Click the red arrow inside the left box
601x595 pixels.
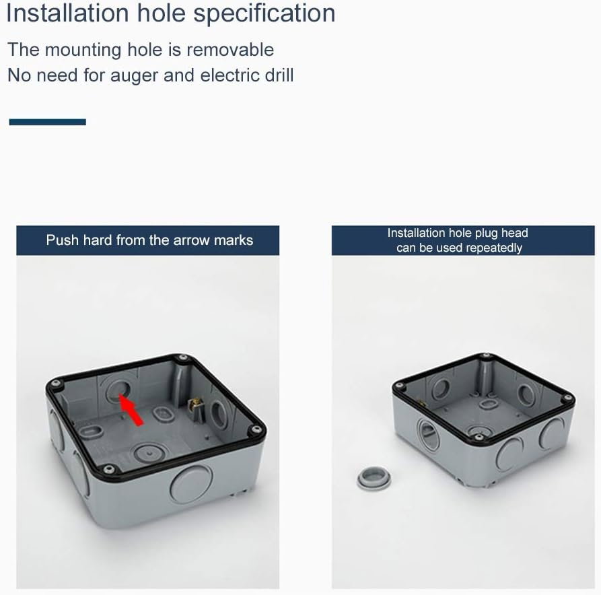pyautogui.click(x=131, y=409)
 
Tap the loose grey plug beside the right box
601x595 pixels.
pyautogui.click(x=374, y=477)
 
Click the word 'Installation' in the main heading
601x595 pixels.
pyautogui.click(x=67, y=13)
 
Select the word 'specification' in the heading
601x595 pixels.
pyautogui.click(x=264, y=14)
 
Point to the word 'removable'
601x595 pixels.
pyautogui.click(x=230, y=50)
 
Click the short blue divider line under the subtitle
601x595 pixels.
pyautogui.click(x=48, y=122)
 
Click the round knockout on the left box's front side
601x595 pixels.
pyautogui.click(x=191, y=484)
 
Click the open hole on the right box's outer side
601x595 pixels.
pyautogui.click(x=429, y=433)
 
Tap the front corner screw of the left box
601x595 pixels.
pyautogui.click(x=109, y=469)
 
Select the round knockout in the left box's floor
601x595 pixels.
pyautogui.click(x=149, y=453)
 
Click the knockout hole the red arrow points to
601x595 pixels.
pyautogui.click(x=118, y=389)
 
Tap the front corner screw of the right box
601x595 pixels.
pyautogui.click(x=478, y=437)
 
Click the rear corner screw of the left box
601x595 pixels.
pyautogui.click(x=183, y=358)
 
